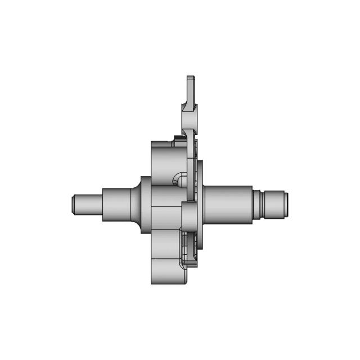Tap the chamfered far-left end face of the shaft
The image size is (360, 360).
point(74,204)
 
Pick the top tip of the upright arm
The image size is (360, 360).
point(191,79)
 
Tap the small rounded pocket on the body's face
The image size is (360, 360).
point(179,179)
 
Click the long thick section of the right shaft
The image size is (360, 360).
point(228,204)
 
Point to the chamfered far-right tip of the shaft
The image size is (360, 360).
point(286,204)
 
